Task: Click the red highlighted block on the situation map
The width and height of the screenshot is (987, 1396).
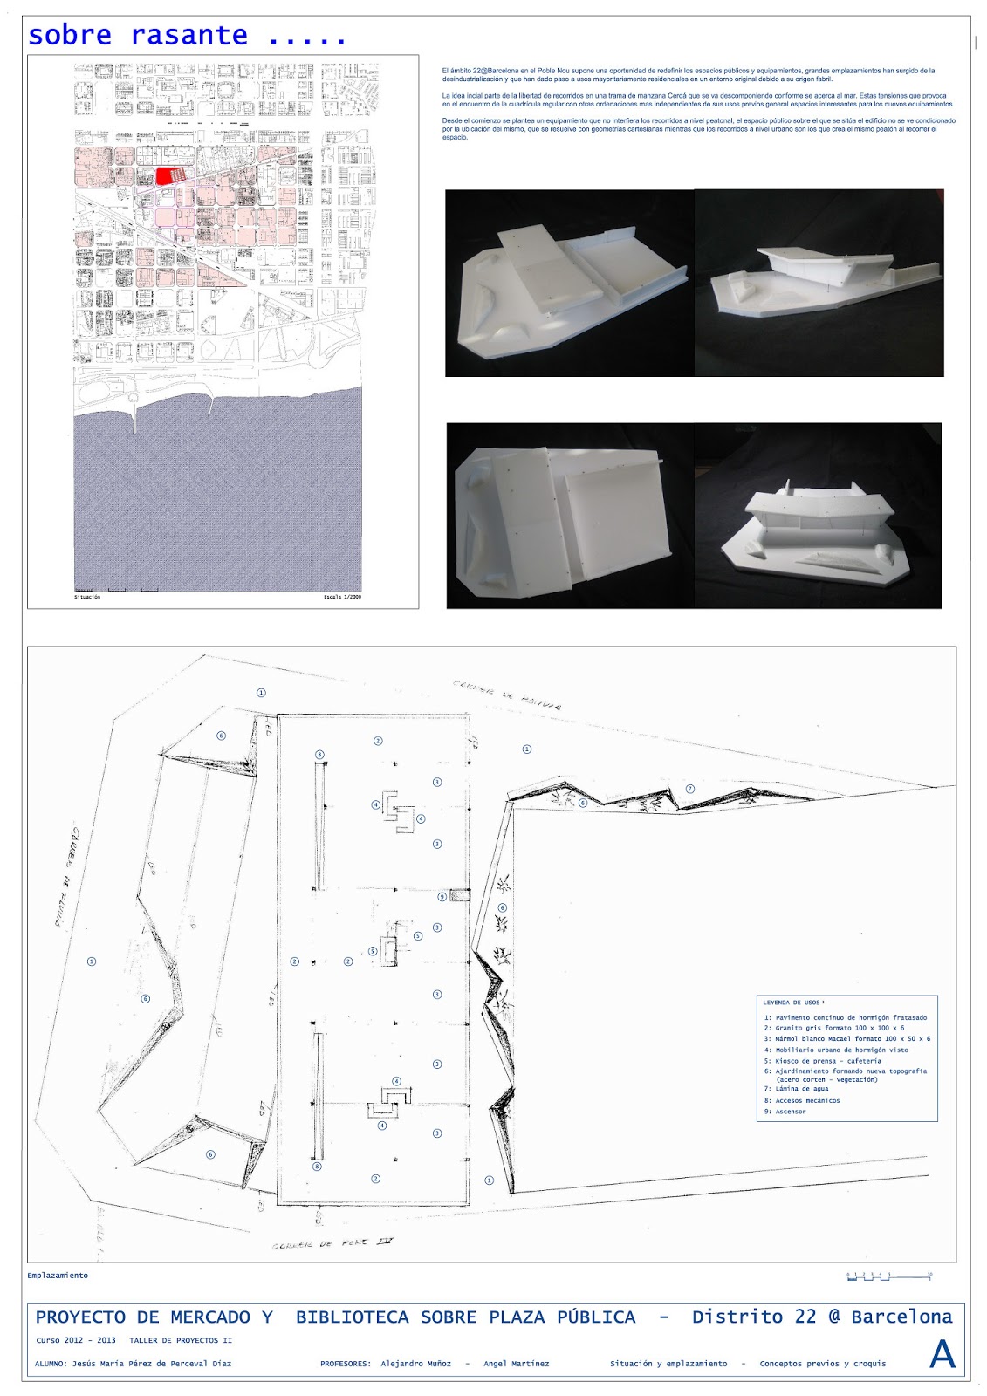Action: (x=171, y=175)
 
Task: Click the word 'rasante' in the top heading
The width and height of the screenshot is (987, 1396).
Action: (x=189, y=36)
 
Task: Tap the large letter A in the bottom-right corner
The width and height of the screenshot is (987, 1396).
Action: (x=942, y=1354)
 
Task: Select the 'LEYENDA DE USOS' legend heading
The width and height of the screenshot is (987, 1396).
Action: (x=793, y=1003)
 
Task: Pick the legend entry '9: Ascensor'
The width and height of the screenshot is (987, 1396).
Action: (x=785, y=1112)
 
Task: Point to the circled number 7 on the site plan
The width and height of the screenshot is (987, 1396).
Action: (x=690, y=789)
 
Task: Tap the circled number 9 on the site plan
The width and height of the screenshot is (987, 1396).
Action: (x=442, y=896)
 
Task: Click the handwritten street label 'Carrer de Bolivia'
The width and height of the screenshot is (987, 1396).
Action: (x=506, y=695)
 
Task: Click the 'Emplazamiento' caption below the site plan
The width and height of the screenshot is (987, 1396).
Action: (x=58, y=1276)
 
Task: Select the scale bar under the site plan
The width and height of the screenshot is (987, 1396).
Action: (x=888, y=1276)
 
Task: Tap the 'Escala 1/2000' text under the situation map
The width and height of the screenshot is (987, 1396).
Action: (x=342, y=598)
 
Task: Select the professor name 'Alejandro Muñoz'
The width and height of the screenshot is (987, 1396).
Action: (x=415, y=1364)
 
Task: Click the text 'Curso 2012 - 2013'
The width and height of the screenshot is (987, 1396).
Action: (x=76, y=1340)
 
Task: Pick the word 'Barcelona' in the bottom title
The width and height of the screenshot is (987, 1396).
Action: (x=901, y=1317)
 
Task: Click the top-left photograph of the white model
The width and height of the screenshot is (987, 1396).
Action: (x=569, y=284)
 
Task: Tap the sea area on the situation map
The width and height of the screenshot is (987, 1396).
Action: (x=218, y=497)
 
